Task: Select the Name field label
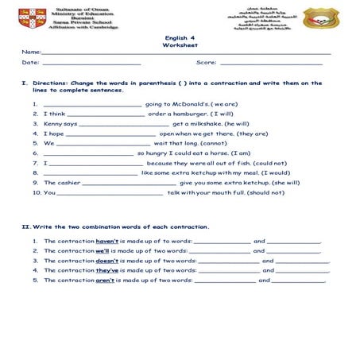tap(30, 52)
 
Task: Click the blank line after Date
tap(91, 63)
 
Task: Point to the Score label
tap(206, 62)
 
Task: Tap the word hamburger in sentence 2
tap(189, 114)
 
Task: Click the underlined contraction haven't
tap(107, 240)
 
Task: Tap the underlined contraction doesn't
tap(107, 260)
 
